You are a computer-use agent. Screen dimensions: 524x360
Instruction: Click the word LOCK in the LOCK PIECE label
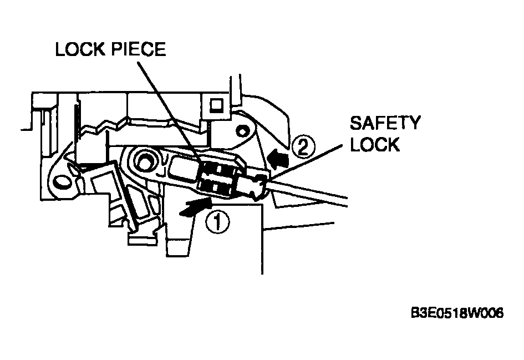tap(80, 49)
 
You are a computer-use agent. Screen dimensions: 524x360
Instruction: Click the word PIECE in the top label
tap(139, 49)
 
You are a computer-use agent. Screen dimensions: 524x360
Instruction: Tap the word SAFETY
tap(385, 123)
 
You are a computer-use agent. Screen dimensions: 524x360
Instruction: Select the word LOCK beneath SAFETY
tap(375, 144)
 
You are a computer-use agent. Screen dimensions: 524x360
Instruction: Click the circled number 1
tap(217, 222)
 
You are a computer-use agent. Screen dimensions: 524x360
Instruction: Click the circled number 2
tap(303, 147)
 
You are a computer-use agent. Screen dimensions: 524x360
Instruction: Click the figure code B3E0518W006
tap(457, 313)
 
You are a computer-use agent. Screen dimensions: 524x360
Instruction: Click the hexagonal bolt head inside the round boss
tap(145, 162)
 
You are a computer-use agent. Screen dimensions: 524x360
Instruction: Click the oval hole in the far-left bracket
tap(62, 182)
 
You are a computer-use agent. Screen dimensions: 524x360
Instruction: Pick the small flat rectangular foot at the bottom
tap(143, 240)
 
